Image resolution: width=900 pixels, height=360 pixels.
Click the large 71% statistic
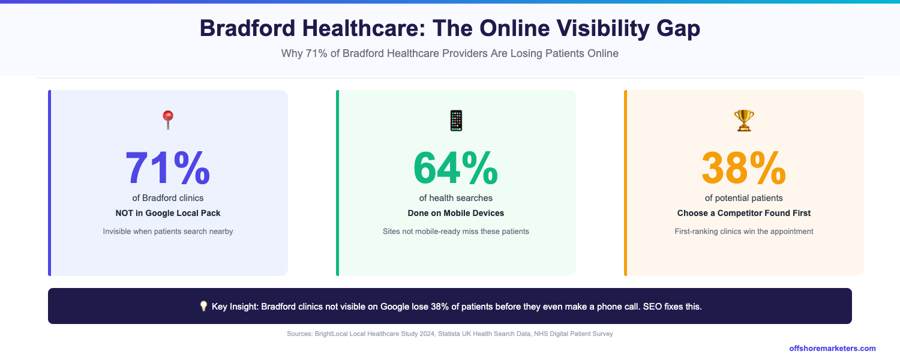(x=167, y=168)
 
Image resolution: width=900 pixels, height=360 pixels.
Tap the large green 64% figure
(x=455, y=168)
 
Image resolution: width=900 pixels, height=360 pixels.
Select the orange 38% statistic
(x=743, y=168)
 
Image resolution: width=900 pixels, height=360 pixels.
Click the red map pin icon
(x=167, y=120)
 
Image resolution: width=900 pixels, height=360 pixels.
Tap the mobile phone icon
(x=456, y=121)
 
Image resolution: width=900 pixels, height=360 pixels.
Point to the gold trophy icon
(x=744, y=121)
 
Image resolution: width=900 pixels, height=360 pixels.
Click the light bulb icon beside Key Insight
(x=203, y=307)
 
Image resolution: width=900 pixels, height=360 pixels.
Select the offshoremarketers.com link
(x=832, y=348)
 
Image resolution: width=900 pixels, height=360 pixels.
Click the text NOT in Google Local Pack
(x=168, y=213)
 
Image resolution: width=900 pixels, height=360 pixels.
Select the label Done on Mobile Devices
(x=456, y=213)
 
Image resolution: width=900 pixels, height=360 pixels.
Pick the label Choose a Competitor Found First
(x=744, y=213)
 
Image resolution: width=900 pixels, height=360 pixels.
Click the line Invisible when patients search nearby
(x=168, y=231)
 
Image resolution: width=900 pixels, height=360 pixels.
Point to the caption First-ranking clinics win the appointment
(x=744, y=231)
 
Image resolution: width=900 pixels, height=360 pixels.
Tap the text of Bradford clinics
(x=168, y=198)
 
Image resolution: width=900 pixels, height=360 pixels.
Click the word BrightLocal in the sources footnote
(x=332, y=334)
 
